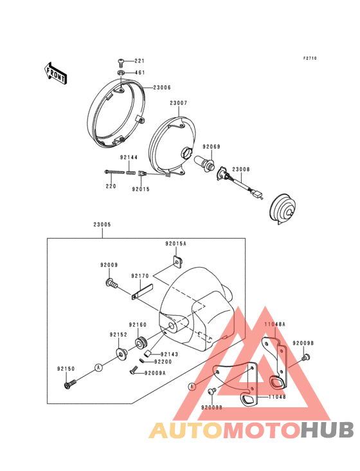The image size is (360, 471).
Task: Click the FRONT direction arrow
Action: (55, 73)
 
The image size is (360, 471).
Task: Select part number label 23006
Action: (162, 88)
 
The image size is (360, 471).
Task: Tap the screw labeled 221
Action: (122, 62)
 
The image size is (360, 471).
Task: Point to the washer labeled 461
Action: (122, 73)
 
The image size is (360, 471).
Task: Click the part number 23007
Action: (179, 103)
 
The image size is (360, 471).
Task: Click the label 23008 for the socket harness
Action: (241, 169)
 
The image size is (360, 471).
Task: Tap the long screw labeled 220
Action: (114, 172)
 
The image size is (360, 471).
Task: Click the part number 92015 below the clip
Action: (141, 189)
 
